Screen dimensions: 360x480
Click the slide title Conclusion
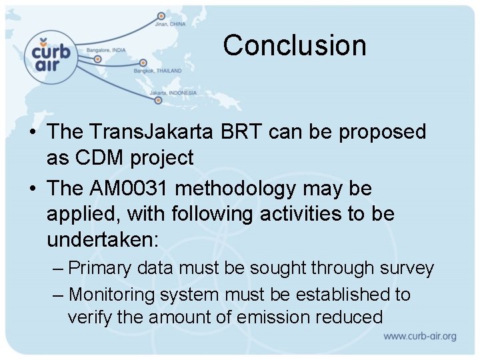click(295, 45)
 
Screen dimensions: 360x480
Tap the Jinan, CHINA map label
click(170, 25)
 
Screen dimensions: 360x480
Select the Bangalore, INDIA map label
click(107, 50)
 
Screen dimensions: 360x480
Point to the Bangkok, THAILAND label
click(157, 69)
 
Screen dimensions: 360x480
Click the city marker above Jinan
click(161, 15)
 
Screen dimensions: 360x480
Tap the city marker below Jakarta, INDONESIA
click(158, 101)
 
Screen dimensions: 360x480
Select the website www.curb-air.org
click(419, 337)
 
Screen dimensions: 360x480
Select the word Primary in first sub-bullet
click(99, 269)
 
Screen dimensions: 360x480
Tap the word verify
click(90, 317)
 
